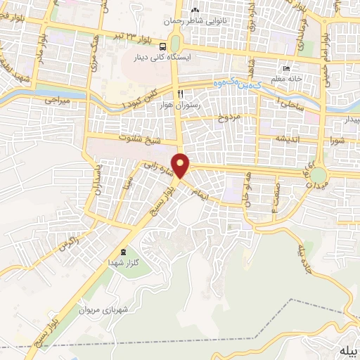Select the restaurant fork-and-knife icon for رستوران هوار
181,93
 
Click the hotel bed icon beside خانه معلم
286,69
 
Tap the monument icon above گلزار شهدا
124,252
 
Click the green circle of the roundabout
319,173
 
